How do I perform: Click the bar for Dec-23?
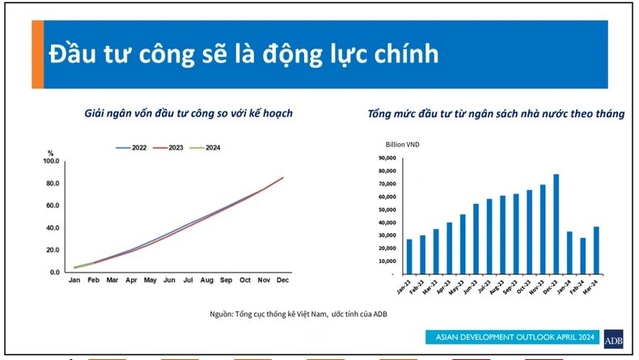click(x=556, y=224)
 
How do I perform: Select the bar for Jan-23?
click(x=409, y=256)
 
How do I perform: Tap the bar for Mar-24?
click(x=596, y=250)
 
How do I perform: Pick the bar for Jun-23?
click(x=476, y=239)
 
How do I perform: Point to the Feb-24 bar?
click(x=582, y=256)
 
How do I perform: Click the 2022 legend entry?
click(x=131, y=147)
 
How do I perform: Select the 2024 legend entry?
click(x=205, y=147)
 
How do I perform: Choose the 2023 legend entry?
click(x=168, y=147)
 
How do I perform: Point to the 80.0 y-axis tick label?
click(x=52, y=184)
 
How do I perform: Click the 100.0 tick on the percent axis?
click(x=51, y=161)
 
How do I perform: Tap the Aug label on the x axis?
click(x=206, y=280)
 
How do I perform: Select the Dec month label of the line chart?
click(x=282, y=280)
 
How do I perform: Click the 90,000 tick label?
click(x=387, y=158)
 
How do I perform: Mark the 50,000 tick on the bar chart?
click(x=387, y=210)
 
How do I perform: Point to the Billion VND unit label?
click(x=402, y=144)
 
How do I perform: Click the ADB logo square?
click(x=613, y=339)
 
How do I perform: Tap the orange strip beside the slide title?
click(x=37, y=54)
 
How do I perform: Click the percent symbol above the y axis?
click(x=50, y=153)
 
